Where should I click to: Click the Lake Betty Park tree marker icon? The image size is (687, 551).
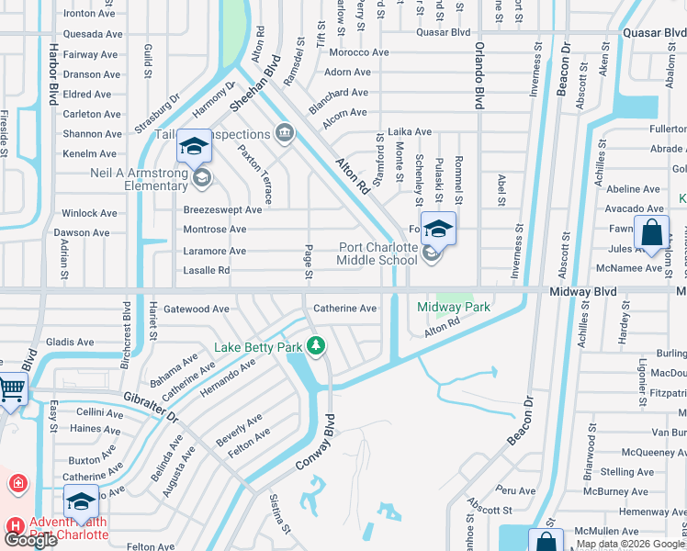(316, 346)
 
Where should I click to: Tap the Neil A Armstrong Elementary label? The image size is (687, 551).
(127, 178)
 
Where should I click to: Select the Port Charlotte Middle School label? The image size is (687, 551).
(378, 253)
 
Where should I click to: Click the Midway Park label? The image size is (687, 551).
(454, 307)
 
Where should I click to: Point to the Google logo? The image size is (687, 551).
(30, 540)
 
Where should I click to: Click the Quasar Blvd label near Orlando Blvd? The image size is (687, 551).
(443, 31)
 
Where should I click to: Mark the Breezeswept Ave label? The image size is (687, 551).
(222, 209)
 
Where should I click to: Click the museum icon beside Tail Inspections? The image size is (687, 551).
(285, 134)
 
